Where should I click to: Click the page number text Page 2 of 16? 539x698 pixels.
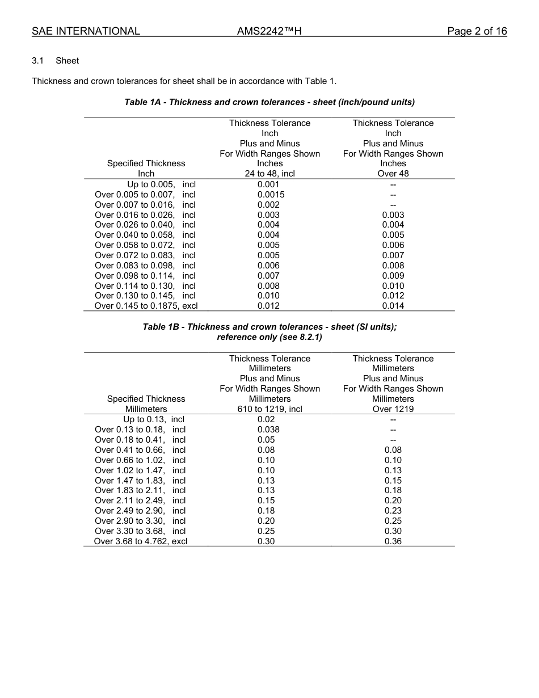477,31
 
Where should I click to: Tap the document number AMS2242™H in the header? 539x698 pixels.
269,31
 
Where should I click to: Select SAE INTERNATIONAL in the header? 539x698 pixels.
86,31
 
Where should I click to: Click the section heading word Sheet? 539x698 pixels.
67,61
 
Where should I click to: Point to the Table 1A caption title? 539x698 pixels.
269,102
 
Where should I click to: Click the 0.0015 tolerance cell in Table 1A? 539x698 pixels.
271,195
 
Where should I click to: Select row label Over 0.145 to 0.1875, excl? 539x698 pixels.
146,306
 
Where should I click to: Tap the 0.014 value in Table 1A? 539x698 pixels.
393,306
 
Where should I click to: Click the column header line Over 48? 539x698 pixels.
393,174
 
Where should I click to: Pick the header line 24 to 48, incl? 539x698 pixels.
269,174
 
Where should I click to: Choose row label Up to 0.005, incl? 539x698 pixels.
161,184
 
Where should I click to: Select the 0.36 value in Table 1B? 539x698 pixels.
393,541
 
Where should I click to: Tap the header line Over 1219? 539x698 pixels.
393,409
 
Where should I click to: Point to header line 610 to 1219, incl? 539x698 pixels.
269,409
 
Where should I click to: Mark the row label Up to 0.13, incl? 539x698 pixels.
154,419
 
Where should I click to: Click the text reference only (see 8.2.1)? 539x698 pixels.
269,337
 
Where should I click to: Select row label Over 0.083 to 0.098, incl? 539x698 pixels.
145,266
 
